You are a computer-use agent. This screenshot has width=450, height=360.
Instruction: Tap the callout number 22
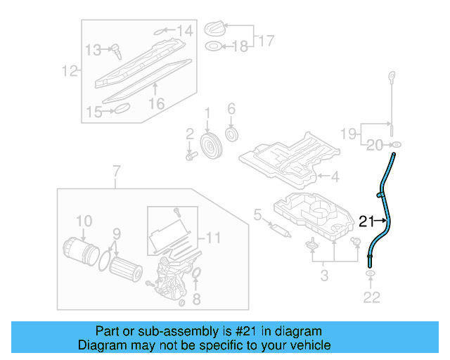[371, 297]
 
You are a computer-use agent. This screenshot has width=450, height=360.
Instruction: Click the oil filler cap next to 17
[214, 30]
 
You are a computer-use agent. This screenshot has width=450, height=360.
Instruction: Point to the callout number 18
[240, 47]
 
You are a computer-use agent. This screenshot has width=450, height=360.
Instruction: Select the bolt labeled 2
[189, 155]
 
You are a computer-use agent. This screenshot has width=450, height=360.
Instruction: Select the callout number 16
[156, 103]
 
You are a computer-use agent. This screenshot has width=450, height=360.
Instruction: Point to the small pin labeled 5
[279, 229]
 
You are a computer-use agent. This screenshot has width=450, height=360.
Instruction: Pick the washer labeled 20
[397, 146]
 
